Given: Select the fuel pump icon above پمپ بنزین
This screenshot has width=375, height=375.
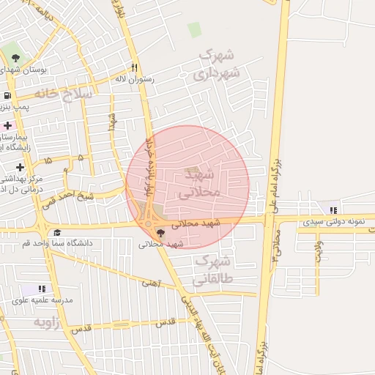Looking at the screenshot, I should (x=7, y=95).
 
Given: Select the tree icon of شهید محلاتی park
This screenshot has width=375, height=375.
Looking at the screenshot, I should (x=160, y=233).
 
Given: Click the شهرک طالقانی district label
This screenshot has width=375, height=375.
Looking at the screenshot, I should (x=212, y=270).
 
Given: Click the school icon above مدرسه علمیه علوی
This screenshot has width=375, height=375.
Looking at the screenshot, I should (x=42, y=289).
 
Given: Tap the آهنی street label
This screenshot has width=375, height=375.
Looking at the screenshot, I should (x=151, y=281).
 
